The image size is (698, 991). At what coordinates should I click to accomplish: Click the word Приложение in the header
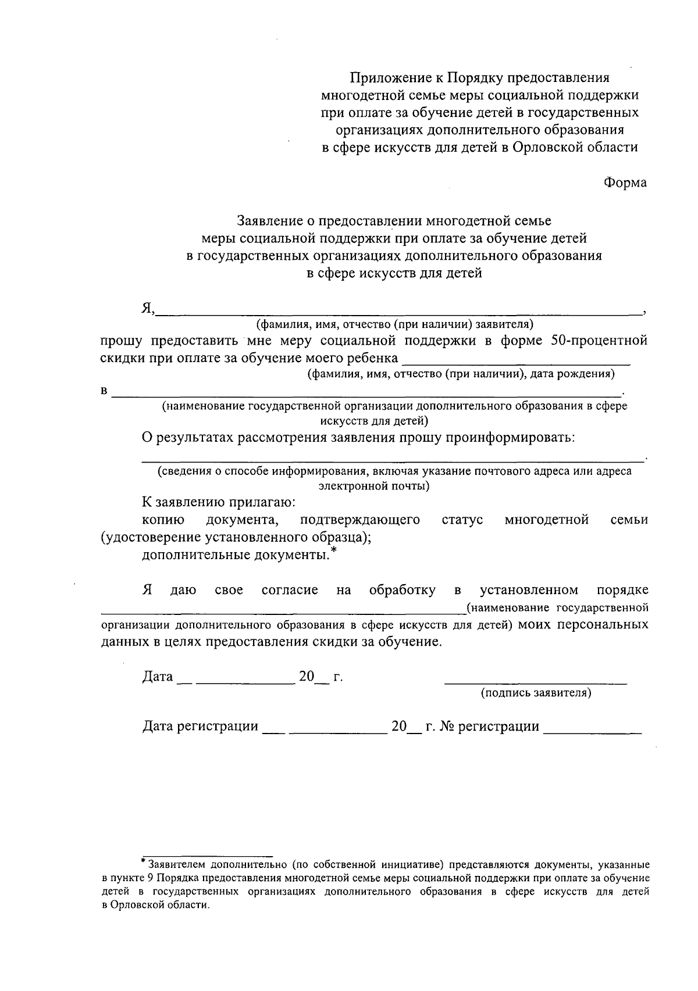point(387,77)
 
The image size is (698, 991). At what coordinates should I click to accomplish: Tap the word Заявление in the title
point(270,221)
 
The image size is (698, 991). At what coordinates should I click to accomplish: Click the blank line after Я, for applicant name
point(398,313)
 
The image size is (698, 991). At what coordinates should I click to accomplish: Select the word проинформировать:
point(510,437)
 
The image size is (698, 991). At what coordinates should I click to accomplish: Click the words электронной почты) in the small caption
point(375,486)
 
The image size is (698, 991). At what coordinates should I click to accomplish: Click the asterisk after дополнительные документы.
point(333,550)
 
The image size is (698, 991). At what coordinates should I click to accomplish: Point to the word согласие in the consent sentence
point(290,591)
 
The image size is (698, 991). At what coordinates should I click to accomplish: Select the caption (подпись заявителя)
point(536,693)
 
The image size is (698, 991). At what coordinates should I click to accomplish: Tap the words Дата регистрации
point(201,727)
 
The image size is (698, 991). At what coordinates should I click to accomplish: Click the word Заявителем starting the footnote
point(174,864)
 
